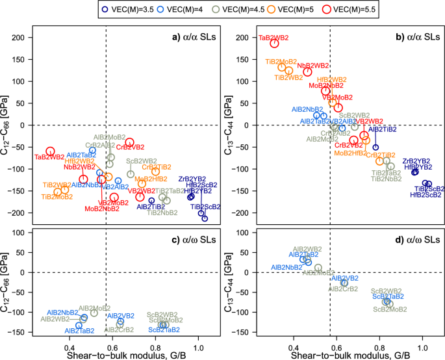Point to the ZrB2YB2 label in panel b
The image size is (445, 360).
click(x=417, y=161)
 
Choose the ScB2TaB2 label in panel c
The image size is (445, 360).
click(x=164, y=330)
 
